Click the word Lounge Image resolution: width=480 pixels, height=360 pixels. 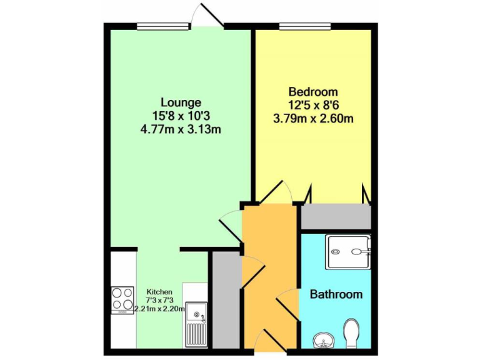(181, 102)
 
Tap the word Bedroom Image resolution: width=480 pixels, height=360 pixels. (313, 92)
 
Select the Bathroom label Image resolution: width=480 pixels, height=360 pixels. (336, 294)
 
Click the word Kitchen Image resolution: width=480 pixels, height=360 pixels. (159, 292)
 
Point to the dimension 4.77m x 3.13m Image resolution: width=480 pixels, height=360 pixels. (181, 130)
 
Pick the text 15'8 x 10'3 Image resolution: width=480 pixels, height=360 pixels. (181, 116)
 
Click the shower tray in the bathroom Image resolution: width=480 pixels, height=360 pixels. (347, 252)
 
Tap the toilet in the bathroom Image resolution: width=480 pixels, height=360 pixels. (351, 333)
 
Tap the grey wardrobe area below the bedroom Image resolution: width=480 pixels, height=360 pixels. (336, 216)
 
